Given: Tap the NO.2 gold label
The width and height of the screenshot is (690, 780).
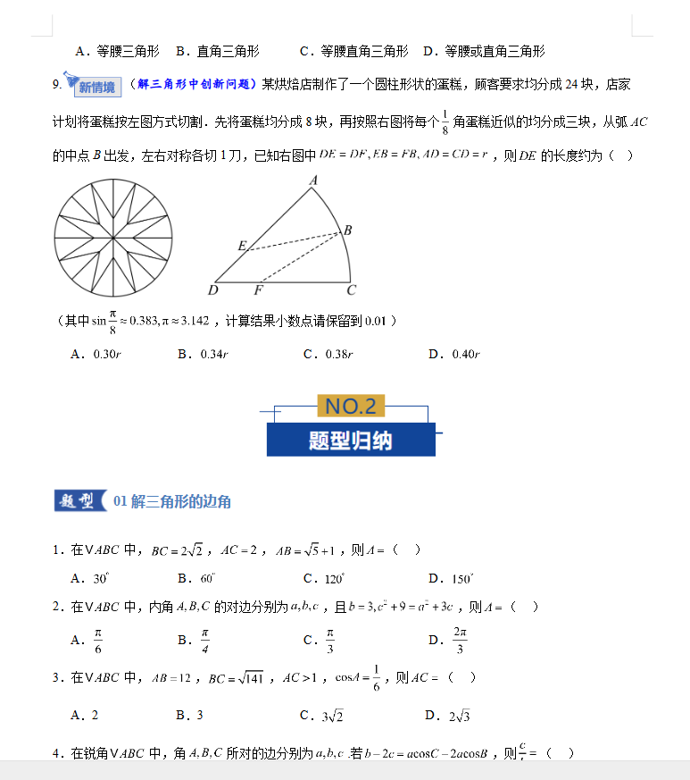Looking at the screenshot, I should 351,407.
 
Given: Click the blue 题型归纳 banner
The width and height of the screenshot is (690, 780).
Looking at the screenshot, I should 351,440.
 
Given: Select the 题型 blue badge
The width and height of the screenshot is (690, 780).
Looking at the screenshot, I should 79,501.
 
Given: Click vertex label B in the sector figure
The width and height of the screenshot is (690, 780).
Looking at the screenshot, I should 347,231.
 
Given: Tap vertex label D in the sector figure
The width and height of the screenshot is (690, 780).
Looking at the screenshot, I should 212,290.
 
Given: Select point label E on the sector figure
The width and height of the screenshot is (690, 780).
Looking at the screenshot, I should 242,245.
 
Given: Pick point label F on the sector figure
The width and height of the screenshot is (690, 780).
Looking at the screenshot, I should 259,290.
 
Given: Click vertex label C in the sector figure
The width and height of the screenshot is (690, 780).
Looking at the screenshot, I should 352,290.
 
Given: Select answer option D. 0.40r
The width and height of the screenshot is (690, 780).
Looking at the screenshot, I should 454,355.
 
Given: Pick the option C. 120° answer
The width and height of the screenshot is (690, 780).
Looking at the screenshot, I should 324,579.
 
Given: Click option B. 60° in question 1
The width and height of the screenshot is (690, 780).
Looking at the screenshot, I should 197,579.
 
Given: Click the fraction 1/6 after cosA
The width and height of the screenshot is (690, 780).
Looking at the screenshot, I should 377,677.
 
